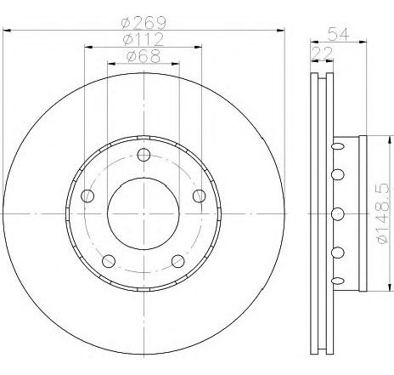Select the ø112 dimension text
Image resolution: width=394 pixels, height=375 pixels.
point(143,40)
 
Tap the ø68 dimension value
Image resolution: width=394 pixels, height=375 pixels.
point(143,57)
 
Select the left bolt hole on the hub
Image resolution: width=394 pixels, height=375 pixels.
point(87,196)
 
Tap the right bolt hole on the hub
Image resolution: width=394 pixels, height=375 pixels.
point(199,196)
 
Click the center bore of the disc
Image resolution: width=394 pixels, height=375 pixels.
point(143,213)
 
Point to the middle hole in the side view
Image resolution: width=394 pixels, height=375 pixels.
point(337,213)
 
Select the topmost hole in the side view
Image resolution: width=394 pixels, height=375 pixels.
point(337,145)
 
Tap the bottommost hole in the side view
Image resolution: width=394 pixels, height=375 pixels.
point(337,279)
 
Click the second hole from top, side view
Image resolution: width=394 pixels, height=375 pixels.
point(337,174)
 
